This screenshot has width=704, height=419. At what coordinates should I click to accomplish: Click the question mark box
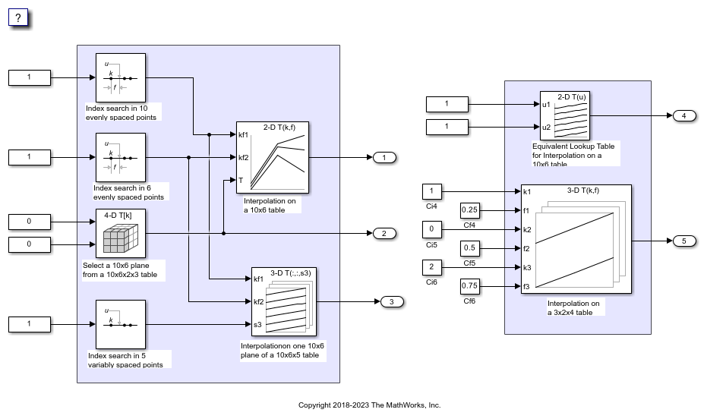18,17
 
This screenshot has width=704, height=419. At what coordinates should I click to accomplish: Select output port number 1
384,158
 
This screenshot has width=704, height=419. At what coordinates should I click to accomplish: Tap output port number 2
384,233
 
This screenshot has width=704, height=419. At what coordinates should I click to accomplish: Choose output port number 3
392,302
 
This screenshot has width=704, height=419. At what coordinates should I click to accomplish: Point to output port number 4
683,115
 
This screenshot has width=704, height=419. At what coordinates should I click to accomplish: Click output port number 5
683,241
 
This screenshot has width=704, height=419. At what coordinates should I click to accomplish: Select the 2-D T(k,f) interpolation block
272,157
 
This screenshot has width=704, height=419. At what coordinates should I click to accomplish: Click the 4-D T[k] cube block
120,233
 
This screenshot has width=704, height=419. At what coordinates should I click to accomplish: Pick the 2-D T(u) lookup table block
565,115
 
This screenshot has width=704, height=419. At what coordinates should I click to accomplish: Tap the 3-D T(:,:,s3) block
283,301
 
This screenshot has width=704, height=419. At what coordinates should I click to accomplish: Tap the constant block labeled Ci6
431,267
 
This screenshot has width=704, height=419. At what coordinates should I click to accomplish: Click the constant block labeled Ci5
431,229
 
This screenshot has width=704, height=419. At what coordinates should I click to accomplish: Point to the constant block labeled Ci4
431,191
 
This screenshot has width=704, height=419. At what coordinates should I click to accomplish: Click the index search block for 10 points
120,77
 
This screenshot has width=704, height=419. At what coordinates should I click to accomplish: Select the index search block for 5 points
120,325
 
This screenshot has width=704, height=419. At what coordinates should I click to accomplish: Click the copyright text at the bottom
369,405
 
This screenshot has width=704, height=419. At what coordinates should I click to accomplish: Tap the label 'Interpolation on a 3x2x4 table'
573,307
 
